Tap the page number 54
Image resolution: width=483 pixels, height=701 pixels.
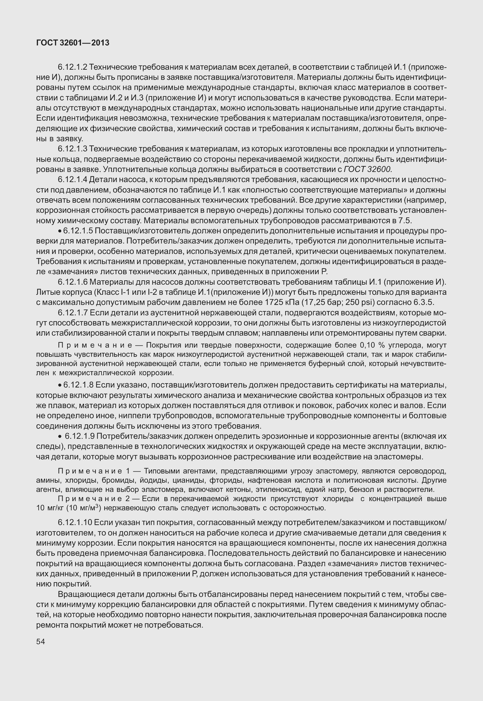tap(40, 641)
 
